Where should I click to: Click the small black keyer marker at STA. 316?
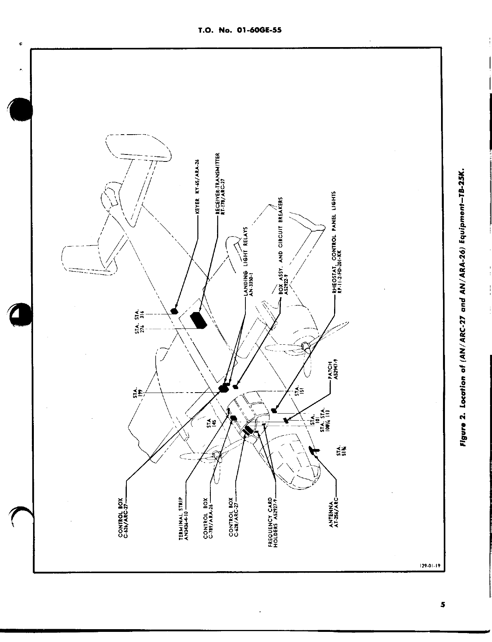[175, 311]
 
